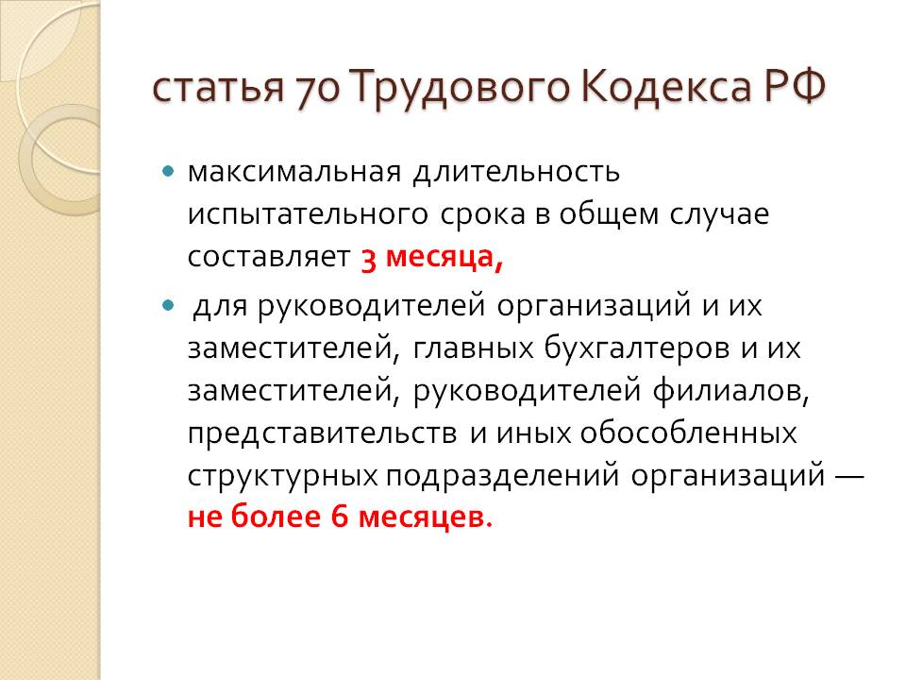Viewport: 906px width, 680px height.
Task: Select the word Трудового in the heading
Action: click(x=460, y=89)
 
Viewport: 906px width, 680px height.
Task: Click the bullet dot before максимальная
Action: click(x=168, y=171)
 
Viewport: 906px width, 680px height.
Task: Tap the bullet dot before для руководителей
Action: click(x=168, y=305)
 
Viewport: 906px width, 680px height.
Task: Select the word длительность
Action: click(x=516, y=172)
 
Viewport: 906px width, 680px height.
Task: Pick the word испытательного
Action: click(x=308, y=215)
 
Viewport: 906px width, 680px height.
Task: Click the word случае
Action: click(x=719, y=214)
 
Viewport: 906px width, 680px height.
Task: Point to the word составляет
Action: click(x=269, y=257)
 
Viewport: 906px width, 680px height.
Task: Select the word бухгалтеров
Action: click(x=637, y=348)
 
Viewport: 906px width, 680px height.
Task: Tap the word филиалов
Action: click(x=730, y=391)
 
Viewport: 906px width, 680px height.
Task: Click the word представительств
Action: click(x=323, y=434)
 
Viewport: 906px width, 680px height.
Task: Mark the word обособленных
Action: click(x=688, y=433)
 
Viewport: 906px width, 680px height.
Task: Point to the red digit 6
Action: click(x=339, y=517)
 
